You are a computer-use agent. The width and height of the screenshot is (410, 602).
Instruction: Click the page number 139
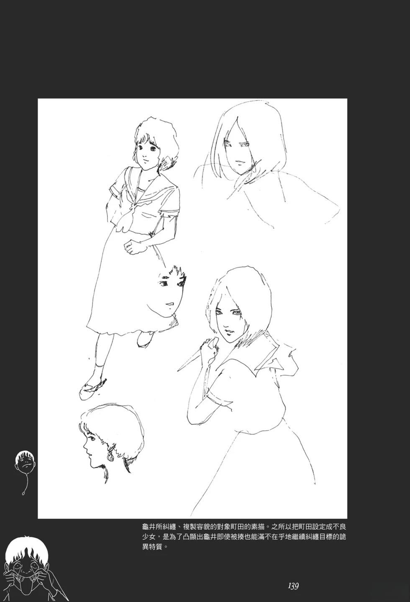(x=293, y=586)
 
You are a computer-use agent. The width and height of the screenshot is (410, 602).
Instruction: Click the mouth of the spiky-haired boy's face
(x=170, y=303)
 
